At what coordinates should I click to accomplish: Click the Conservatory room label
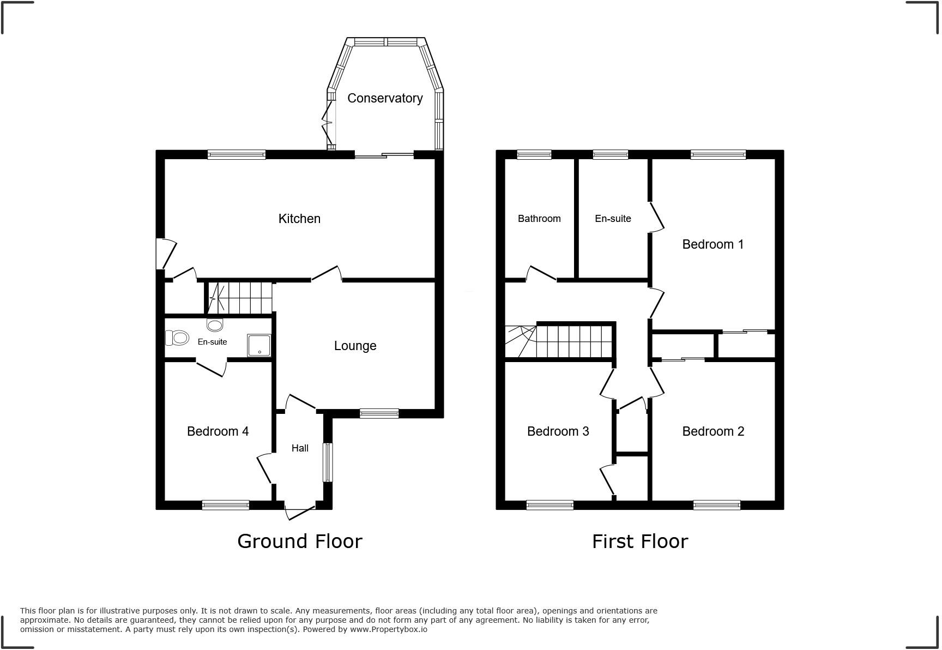point(385,98)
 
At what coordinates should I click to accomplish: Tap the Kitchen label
point(299,219)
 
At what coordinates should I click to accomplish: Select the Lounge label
point(355,346)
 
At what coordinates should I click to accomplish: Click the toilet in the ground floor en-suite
point(177,338)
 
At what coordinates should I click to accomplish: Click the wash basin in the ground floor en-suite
point(215,326)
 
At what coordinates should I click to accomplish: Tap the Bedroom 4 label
point(218,431)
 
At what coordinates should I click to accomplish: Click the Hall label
point(300,448)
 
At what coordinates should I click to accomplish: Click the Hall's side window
point(327,462)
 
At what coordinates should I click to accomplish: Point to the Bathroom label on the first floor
point(539,219)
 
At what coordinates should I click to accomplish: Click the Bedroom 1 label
point(712,244)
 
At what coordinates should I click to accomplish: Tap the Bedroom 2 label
point(712,431)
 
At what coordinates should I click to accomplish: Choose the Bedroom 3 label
point(558,431)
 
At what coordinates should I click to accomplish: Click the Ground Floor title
point(299,541)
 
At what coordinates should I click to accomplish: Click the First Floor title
point(639,541)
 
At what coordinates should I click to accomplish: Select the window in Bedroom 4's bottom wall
point(225,505)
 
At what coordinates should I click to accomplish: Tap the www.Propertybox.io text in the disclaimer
point(388,629)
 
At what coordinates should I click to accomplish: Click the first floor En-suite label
point(613,219)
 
